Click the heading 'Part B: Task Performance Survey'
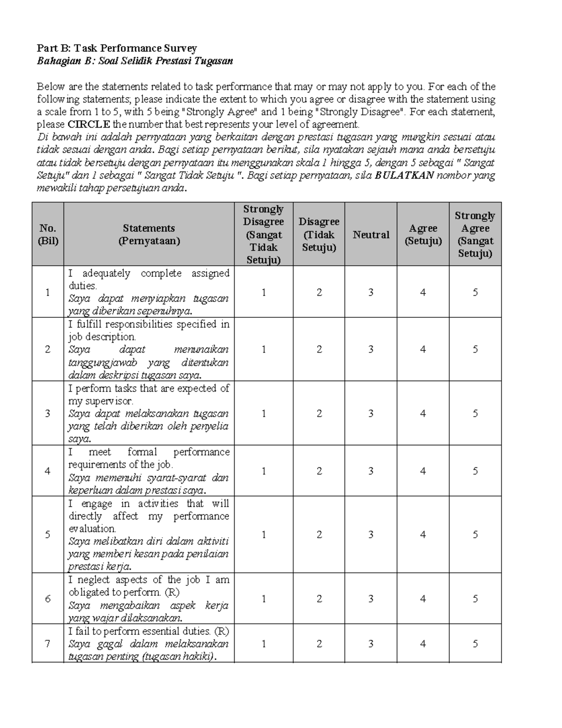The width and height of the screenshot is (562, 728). point(117,48)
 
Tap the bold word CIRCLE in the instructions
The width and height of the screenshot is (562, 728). point(89,125)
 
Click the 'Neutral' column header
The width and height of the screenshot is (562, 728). point(371,235)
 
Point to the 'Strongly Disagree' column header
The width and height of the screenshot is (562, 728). point(264,234)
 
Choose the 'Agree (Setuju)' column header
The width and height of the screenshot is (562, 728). point(423,235)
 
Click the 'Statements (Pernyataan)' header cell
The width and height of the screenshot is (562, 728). point(149,234)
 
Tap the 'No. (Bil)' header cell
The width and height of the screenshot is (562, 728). point(48,234)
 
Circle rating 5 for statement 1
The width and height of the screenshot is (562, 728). point(475,293)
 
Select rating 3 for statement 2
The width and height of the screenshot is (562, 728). point(371,349)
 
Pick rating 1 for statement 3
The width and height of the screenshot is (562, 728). point(264,413)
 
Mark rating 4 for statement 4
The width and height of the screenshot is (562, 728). point(423,471)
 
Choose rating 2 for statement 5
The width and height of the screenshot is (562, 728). point(319,535)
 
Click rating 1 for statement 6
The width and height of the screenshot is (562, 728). point(264,599)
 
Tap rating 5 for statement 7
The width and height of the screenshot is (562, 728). point(475,644)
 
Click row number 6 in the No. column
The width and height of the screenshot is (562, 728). point(48,599)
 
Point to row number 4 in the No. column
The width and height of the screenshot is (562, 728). point(48,471)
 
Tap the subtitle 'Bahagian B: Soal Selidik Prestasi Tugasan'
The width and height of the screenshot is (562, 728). point(135,61)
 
